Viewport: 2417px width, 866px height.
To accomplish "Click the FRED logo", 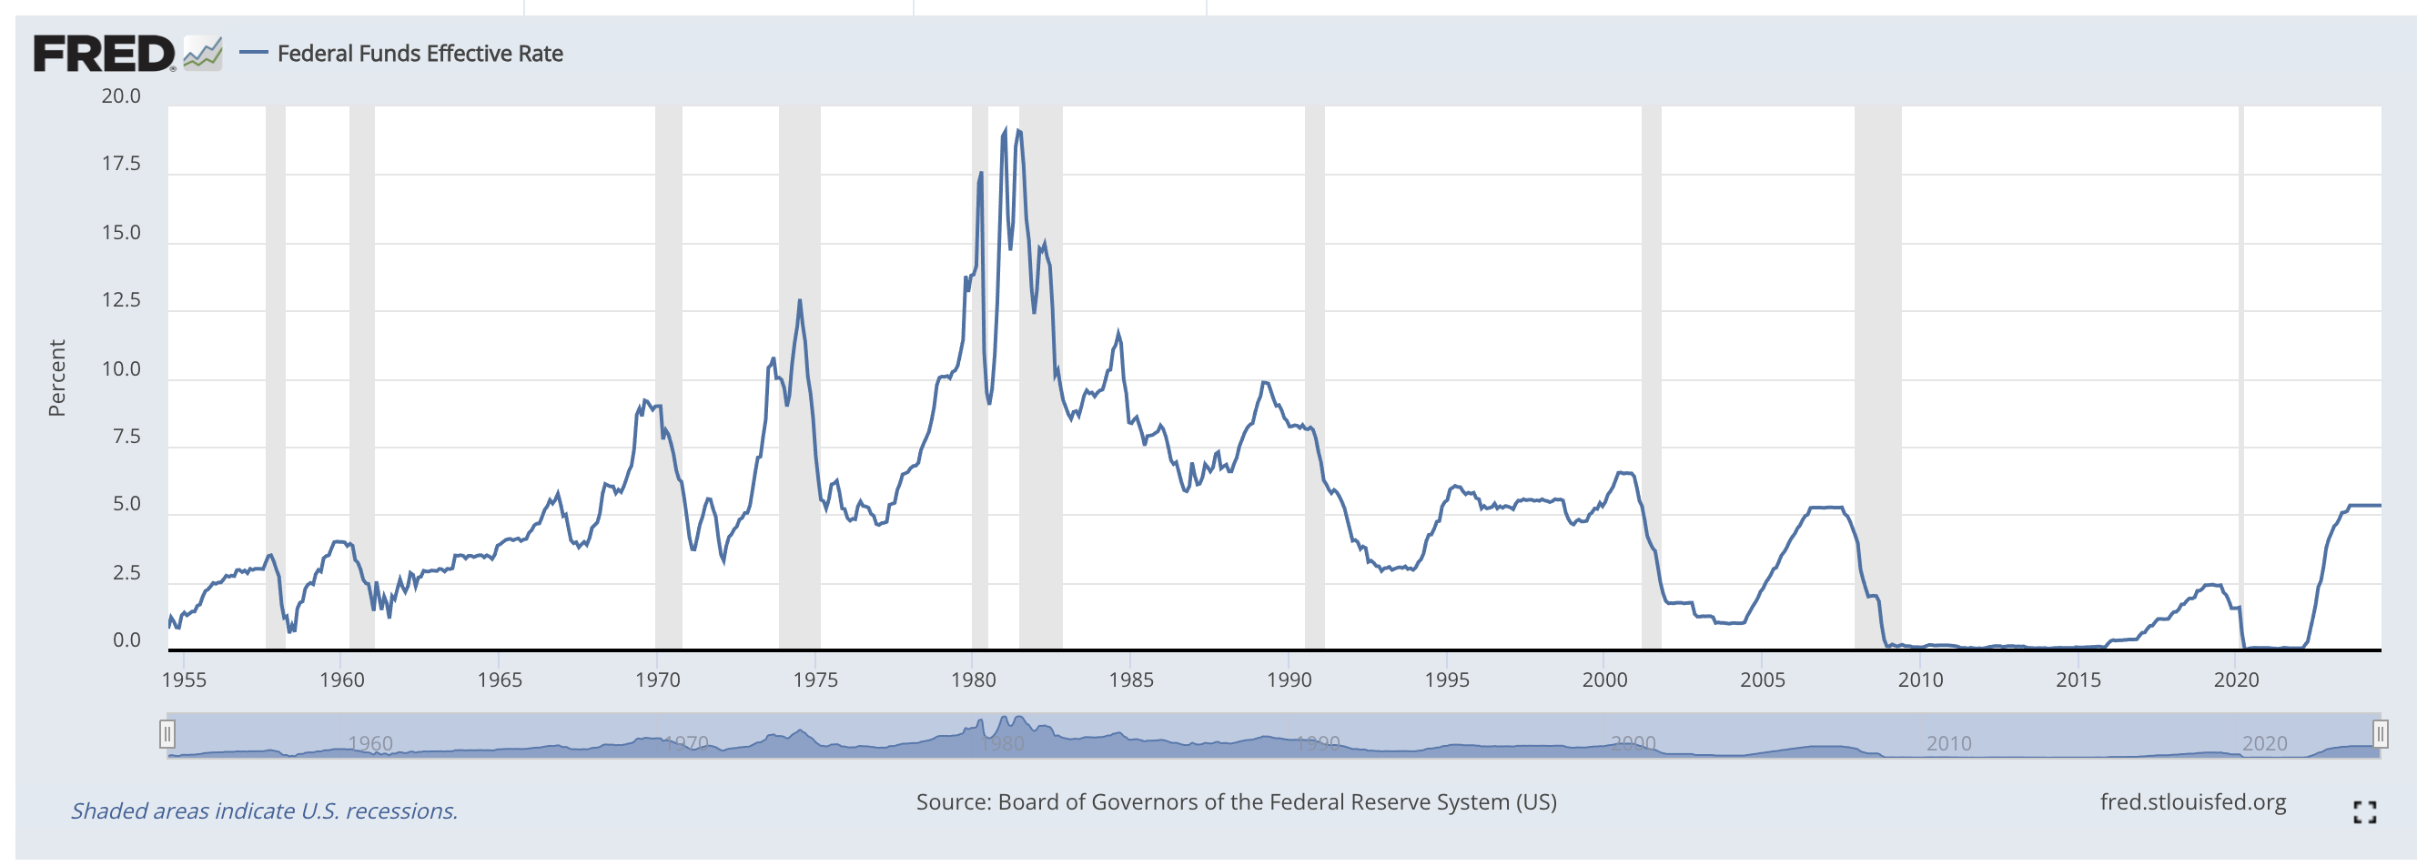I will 104,54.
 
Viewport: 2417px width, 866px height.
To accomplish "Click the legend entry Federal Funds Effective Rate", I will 420,54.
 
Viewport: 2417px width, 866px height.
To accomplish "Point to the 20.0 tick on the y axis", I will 121,96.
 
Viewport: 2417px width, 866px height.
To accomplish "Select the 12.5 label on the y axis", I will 121,300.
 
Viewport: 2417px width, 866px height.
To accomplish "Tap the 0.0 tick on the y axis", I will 126,640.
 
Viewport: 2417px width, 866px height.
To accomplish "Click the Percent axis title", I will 57,378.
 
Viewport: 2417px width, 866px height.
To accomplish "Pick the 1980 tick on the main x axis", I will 973,680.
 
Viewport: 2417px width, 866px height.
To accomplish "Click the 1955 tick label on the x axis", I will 184,680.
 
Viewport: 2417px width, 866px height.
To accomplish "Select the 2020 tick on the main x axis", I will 2236,680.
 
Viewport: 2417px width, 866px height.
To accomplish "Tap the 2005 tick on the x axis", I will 1762,680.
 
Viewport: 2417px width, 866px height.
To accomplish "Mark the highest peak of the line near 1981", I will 1006,129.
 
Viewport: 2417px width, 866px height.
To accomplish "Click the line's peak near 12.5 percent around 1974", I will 799,300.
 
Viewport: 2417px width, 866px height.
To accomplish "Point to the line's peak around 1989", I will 1265,382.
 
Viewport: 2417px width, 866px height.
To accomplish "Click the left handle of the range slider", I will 167,734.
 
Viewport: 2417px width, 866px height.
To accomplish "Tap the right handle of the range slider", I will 2380,734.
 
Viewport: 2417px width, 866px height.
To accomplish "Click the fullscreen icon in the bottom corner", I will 2364,812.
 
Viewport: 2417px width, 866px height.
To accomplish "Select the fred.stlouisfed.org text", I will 2192,802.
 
